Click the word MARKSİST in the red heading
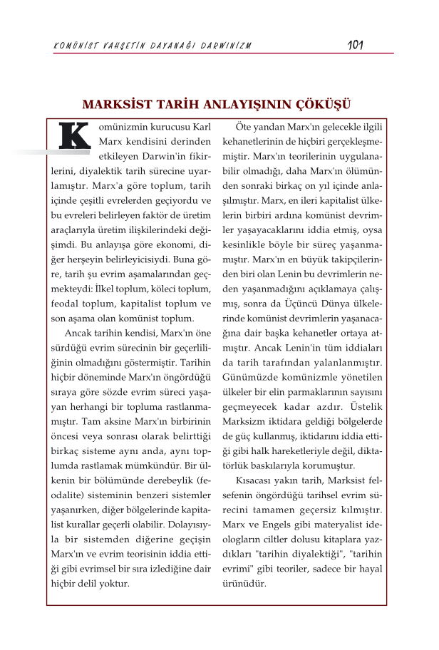click(117, 103)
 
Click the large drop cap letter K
click(75, 136)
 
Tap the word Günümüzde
click(249, 376)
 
